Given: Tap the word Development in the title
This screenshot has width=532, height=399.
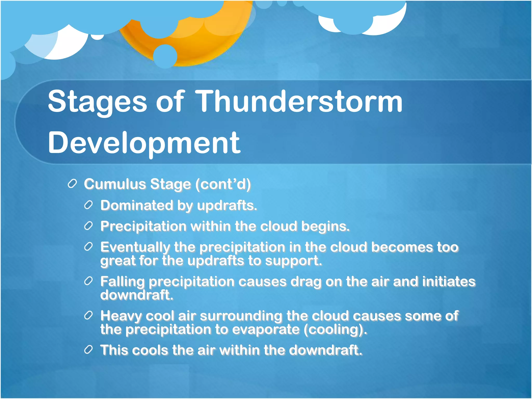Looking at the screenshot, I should (144, 143).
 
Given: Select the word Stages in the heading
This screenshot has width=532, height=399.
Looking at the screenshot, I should (97, 102).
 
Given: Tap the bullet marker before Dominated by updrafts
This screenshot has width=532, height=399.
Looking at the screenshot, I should (88, 205).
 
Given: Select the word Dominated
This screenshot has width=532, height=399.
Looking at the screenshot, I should (137, 205).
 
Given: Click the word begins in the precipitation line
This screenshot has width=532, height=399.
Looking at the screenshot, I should (325, 227).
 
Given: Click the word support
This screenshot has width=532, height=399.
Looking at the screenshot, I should (293, 261).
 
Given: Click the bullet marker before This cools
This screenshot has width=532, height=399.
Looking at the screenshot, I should (88, 350).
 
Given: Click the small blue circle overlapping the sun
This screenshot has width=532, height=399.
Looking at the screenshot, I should (165, 56).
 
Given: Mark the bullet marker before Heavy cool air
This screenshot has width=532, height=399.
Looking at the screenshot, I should (88, 316).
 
